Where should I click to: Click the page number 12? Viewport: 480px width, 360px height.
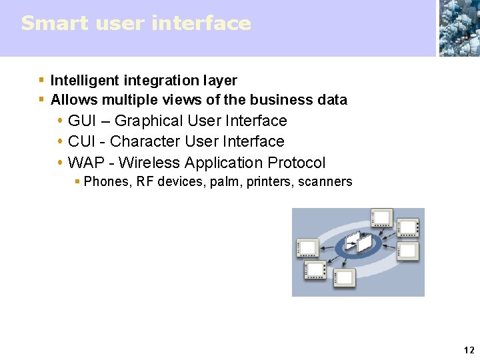tap(469, 350)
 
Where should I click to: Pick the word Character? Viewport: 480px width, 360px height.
tap(141, 141)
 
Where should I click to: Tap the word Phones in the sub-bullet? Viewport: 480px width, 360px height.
tap(106, 181)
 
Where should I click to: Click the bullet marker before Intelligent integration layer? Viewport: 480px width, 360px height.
tap(41, 81)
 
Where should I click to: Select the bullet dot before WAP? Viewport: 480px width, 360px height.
tap(60, 163)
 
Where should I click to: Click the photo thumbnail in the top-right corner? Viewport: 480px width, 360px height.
tap(459, 28)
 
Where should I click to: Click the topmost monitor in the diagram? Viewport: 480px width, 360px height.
tap(382, 217)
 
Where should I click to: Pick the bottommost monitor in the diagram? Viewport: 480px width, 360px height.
tap(344, 277)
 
